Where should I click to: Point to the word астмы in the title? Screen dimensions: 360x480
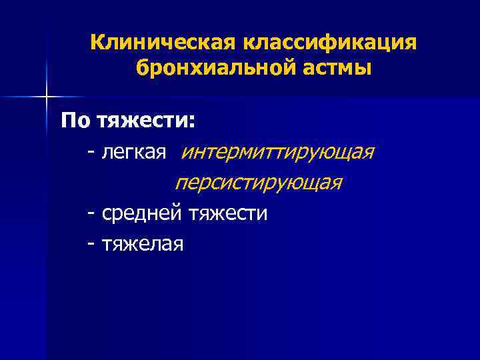click(337, 68)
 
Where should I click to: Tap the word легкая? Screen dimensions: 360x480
click(133, 153)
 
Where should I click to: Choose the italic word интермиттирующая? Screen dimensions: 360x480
click(277, 153)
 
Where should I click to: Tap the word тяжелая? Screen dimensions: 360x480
click(143, 244)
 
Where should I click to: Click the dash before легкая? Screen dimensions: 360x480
click(90, 154)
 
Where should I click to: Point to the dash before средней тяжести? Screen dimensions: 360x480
click(90, 214)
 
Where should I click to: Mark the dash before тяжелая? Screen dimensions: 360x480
click(90, 245)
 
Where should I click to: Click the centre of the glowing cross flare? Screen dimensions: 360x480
click(47, 97)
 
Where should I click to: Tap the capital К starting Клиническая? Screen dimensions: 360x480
click(97, 43)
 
